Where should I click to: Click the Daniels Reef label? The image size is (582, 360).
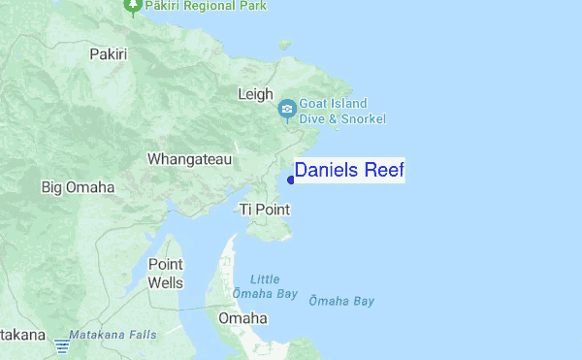click(x=349, y=171)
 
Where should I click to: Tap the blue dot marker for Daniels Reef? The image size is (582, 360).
click(x=291, y=180)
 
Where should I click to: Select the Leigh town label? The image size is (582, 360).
click(x=254, y=94)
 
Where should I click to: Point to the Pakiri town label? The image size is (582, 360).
click(x=108, y=54)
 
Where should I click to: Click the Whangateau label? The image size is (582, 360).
click(x=189, y=158)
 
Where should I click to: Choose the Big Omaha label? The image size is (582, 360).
click(x=78, y=186)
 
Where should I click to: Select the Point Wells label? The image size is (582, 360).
click(x=165, y=273)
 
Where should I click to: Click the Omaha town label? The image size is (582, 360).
click(x=242, y=317)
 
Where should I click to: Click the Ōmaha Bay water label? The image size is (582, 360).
click(x=340, y=301)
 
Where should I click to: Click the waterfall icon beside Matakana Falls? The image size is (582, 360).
click(x=62, y=344)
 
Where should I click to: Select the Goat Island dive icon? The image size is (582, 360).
click(x=287, y=110)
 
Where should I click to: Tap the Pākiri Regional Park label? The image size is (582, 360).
click(x=207, y=6)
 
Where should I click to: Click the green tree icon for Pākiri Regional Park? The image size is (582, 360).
click(x=134, y=6)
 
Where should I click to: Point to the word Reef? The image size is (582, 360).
click(x=384, y=171)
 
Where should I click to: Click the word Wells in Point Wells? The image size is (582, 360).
click(x=165, y=282)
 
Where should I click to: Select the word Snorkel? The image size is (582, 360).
click(x=363, y=118)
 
